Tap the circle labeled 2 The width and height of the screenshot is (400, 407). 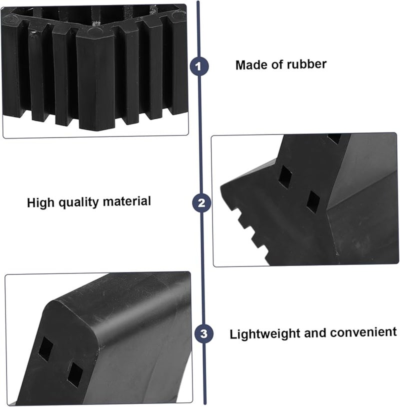[201, 203]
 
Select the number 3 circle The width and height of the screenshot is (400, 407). [202, 333]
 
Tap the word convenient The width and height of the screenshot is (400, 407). [367, 332]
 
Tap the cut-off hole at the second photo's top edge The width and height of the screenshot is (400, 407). [334, 138]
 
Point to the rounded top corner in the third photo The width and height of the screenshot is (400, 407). [55, 305]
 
